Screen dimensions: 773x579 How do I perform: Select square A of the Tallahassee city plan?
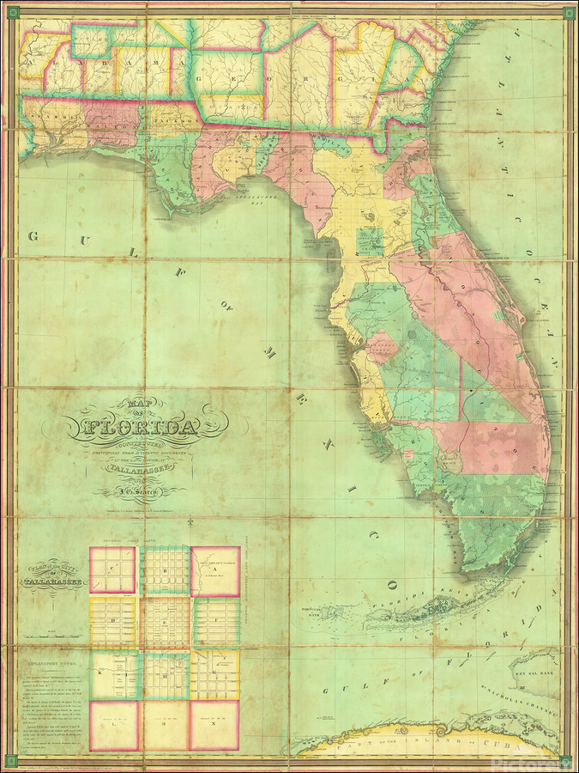coord(214,570)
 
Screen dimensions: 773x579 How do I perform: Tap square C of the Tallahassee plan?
coord(112,570)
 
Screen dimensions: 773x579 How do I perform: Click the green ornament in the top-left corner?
coord(12,12)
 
